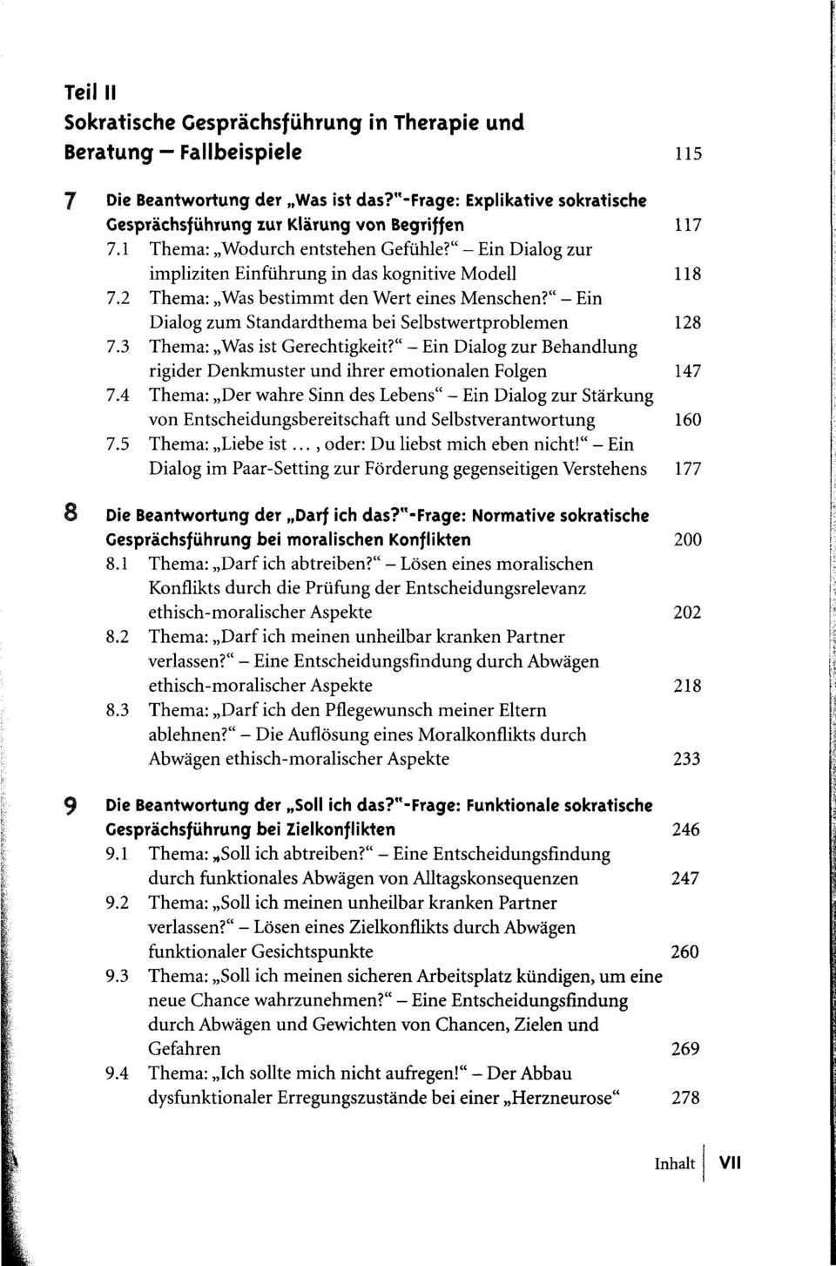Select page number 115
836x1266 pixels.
687,154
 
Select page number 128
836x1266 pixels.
687,322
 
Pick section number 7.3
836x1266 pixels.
118,347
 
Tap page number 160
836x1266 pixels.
687,420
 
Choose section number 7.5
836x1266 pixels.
118,444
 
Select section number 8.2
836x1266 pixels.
118,637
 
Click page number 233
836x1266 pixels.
687,759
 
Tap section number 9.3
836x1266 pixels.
118,976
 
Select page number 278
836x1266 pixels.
685,1098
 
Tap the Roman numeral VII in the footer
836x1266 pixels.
730,1163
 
